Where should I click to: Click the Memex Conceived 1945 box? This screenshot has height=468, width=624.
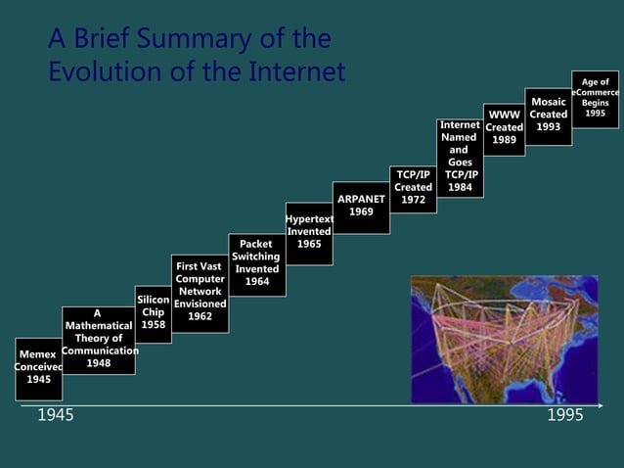coord(39,367)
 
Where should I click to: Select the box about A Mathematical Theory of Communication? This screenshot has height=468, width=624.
coord(98,339)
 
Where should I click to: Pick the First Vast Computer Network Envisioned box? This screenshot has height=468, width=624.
coord(200,292)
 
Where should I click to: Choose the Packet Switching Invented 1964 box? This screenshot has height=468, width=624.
coord(256,263)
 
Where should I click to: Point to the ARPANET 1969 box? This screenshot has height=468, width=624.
coord(361,207)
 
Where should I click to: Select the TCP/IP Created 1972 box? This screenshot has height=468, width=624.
coord(413,187)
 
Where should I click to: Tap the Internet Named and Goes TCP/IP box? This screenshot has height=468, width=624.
coord(460,157)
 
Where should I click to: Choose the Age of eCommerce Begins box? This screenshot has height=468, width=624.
coord(596,98)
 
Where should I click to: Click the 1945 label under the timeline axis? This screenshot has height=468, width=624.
coord(55,416)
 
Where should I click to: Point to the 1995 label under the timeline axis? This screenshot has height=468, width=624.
coord(564,416)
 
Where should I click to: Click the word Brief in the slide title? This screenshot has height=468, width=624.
coord(103,39)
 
